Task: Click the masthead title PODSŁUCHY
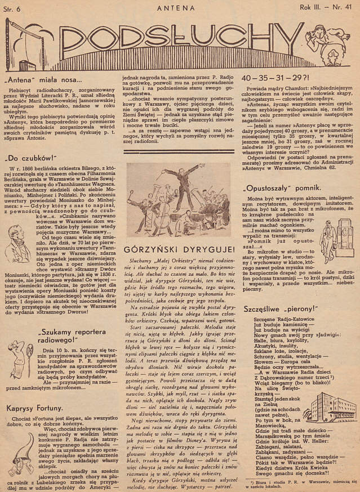[180, 39]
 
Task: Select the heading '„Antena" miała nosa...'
[42, 79]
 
